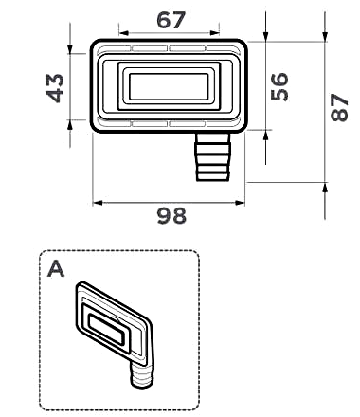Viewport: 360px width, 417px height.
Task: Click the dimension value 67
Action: tap(171, 20)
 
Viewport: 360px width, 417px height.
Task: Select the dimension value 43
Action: tap(55, 88)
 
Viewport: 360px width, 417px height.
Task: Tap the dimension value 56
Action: tap(279, 86)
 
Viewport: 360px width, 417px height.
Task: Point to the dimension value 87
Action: tap(339, 108)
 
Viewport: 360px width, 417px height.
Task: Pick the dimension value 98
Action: tap(171, 216)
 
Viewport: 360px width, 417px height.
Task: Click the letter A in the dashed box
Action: tap(56, 269)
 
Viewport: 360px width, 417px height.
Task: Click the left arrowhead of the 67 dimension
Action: tap(123, 33)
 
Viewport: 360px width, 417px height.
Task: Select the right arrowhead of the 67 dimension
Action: tap(215, 33)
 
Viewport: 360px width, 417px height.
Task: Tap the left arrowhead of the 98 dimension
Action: tap(98, 203)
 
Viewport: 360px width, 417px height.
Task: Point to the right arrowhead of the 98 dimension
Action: tap(240, 203)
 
